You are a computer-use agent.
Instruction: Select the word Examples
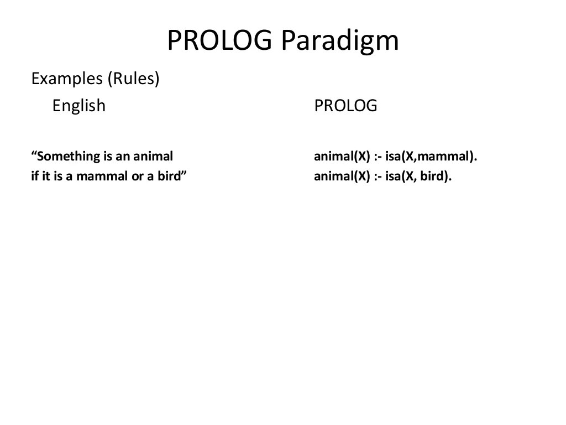pyautogui.click(x=67, y=79)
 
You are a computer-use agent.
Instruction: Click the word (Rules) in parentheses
pyautogui.click(x=133, y=79)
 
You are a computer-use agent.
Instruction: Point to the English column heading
pyautogui.click(x=78, y=105)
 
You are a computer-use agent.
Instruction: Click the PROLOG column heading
pyautogui.click(x=345, y=105)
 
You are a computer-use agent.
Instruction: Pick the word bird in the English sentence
pyautogui.click(x=170, y=178)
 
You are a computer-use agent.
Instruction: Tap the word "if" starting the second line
pyautogui.click(x=34, y=178)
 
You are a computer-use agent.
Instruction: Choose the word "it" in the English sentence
pyautogui.click(x=46, y=178)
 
